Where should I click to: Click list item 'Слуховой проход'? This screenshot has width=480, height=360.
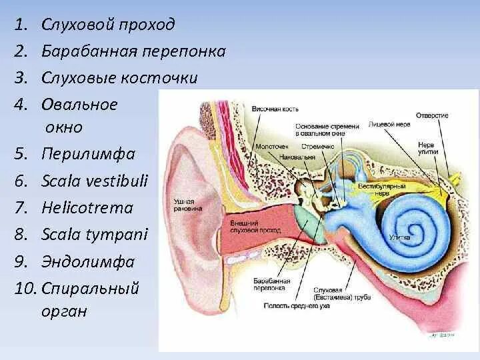[x=108, y=25]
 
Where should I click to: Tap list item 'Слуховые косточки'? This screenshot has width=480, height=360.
[x=119, y=78]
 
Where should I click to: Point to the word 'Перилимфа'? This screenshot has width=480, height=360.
[x=88, y=155]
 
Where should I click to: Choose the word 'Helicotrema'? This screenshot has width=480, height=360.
[x=87, y=208]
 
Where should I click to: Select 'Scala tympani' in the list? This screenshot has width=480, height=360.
[x=94, y=235]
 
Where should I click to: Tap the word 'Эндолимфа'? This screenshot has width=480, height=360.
[x=87, y=261]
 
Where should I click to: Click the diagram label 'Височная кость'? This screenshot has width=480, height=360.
[x=275, y=109]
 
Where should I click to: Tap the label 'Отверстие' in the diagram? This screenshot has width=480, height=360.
[x=432, y=115]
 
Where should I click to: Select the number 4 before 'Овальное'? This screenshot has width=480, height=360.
[x=20, y=105]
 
